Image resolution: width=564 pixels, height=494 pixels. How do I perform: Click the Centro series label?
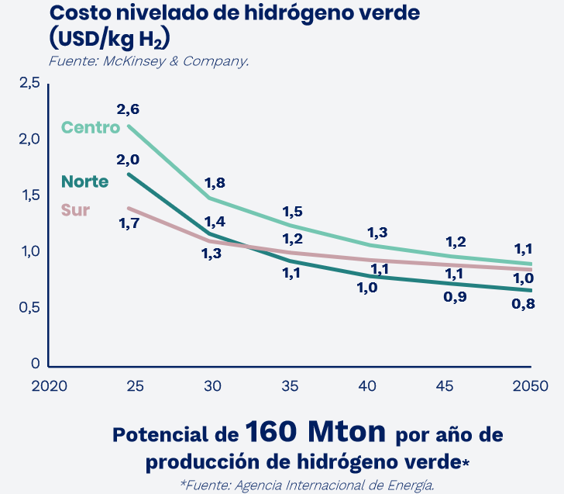(91, 127)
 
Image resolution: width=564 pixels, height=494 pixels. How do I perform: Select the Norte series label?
(84, 181)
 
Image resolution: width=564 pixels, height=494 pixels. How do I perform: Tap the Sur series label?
(75, 210)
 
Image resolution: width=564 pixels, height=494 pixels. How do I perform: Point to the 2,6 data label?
(128, 109)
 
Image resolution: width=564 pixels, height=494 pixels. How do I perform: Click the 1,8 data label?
(215, 183)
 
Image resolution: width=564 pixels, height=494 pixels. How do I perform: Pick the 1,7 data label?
(129, 224)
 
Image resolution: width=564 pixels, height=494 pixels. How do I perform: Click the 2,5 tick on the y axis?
(29, 83)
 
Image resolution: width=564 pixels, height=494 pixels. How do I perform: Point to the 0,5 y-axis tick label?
(29, 308)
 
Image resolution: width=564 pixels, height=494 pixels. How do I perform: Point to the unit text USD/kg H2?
(109, 38)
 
